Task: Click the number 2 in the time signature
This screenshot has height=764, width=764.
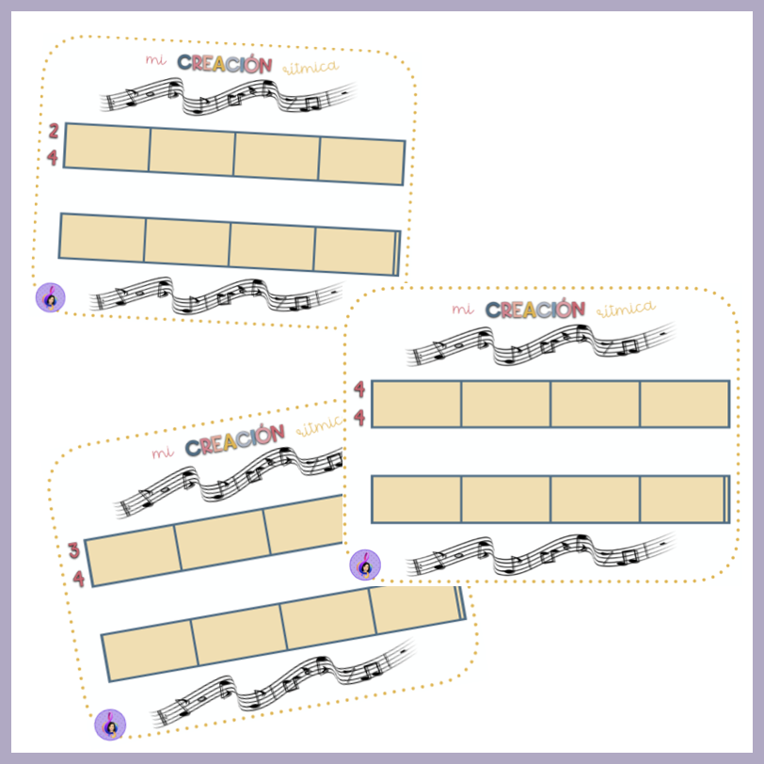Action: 53,132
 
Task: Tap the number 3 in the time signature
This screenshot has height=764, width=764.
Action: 74,551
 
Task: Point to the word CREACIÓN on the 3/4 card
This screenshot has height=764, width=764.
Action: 235,439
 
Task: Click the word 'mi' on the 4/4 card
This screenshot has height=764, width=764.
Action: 461,309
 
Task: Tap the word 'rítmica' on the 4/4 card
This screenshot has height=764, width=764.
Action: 622,308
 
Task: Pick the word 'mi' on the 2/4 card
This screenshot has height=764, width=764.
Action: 154,59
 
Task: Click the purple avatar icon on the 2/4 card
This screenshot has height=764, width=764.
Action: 51,297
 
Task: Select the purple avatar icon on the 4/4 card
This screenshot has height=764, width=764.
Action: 365,565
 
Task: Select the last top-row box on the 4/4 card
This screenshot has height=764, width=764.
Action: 684,404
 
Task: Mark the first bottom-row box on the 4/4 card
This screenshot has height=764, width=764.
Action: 417,499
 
